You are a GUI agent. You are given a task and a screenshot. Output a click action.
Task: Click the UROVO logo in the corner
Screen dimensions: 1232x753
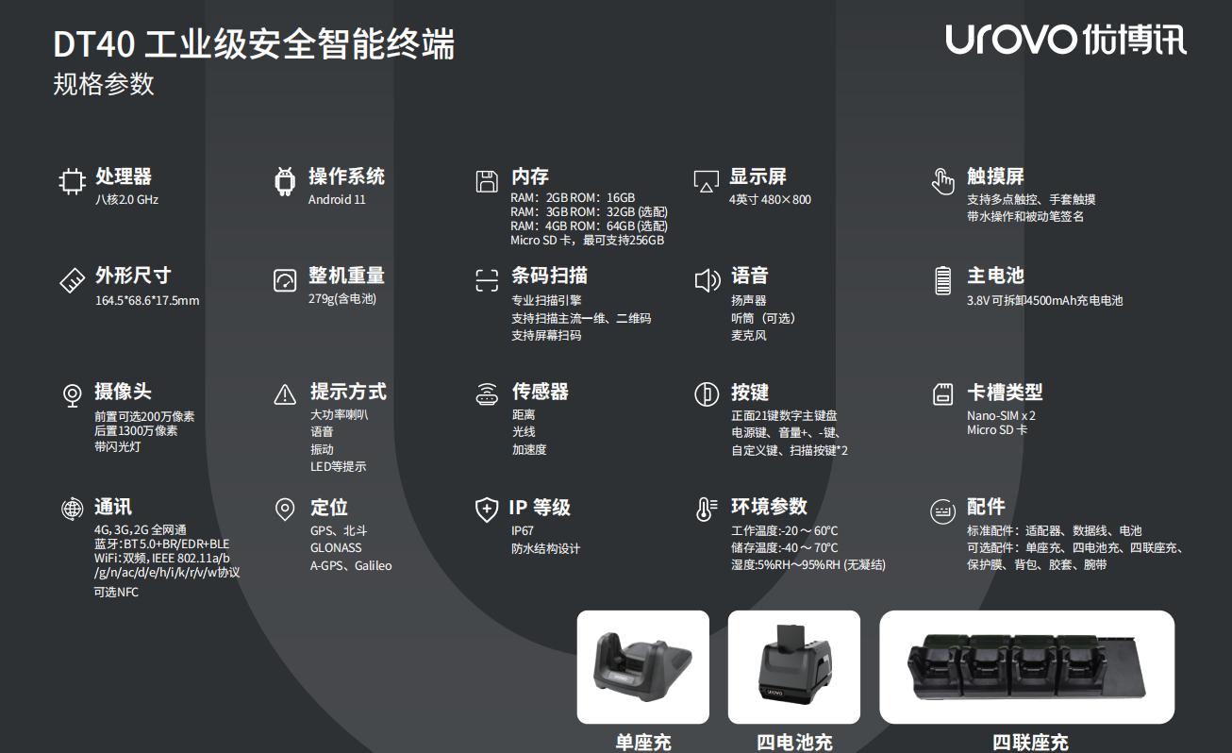point(1065,39)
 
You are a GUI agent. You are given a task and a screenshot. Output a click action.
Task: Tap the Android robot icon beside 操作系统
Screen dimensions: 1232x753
point(284,181)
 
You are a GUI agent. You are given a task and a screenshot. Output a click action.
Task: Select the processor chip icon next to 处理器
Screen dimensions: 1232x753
point(72,181)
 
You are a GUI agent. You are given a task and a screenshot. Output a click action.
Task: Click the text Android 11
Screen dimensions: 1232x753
point(337,200)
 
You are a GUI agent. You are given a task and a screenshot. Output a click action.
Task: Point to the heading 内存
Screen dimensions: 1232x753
point(529,176)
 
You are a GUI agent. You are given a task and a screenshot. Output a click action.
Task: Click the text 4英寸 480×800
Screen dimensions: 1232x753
point(770,200)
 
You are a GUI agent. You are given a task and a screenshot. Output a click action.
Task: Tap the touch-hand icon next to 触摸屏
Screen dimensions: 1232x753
point(942,181)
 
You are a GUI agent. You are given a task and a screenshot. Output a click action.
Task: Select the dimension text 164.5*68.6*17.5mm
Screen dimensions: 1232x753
point(147,300)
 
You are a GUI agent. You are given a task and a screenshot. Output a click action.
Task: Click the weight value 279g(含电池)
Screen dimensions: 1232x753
point(342,299)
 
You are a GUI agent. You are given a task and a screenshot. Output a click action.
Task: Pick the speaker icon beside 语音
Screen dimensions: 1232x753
point(708,280)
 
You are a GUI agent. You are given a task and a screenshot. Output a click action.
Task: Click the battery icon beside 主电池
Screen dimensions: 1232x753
point(942,280)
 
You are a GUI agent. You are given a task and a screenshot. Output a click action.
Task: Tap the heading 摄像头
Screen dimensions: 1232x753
point(123,392)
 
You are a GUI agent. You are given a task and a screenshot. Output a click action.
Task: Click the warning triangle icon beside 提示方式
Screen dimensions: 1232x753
point(285,394)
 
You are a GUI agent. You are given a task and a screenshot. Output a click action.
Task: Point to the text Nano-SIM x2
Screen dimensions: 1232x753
point(1001,415)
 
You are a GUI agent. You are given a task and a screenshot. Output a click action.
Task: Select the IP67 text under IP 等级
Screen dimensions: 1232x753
point(522,531)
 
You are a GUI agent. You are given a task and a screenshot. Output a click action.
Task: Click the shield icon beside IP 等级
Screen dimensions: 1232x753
point(487,510)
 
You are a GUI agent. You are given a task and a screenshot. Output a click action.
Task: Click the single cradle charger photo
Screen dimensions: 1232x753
point(643,666)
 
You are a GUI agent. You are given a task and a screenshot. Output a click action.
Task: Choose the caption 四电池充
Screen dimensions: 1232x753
point(794,743)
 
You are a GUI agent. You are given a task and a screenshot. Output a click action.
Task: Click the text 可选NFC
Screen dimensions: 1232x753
point(116,592)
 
